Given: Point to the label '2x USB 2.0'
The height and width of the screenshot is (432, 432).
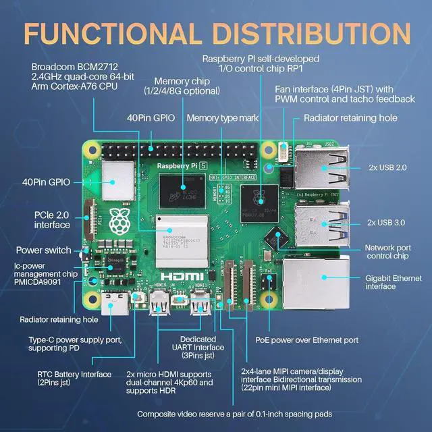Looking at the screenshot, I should point(388,167).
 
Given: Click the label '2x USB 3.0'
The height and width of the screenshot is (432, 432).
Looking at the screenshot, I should point(388,221).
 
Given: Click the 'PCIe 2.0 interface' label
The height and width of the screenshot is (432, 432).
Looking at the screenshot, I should point(47,219).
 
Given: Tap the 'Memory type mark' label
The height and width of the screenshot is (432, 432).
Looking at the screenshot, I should point(223,117).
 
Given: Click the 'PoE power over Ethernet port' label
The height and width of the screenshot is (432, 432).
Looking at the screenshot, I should point(306,340).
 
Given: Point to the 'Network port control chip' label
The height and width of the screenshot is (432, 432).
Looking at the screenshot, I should point(387,252).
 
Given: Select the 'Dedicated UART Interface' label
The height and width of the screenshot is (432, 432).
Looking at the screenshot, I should point(198,348).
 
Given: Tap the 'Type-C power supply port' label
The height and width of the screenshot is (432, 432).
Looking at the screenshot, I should point(75,344).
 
